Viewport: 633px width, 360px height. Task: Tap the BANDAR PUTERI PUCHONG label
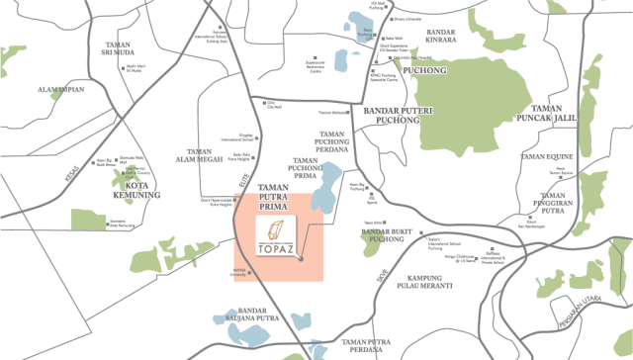pos(393,114)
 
